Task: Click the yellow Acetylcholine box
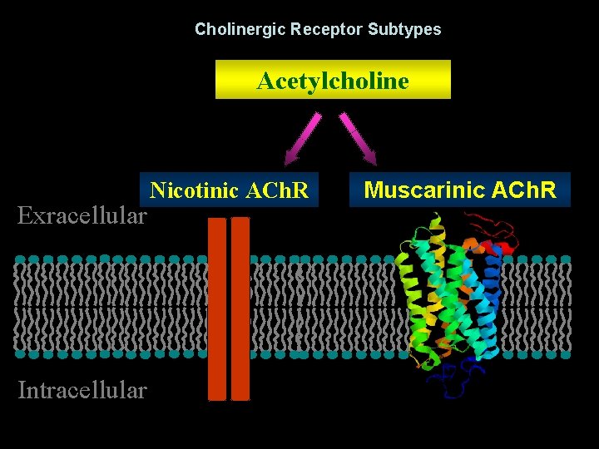333,80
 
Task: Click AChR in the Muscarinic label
524,190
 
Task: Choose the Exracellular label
82,216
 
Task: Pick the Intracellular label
82,389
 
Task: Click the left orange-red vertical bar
217,308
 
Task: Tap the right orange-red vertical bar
240,308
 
